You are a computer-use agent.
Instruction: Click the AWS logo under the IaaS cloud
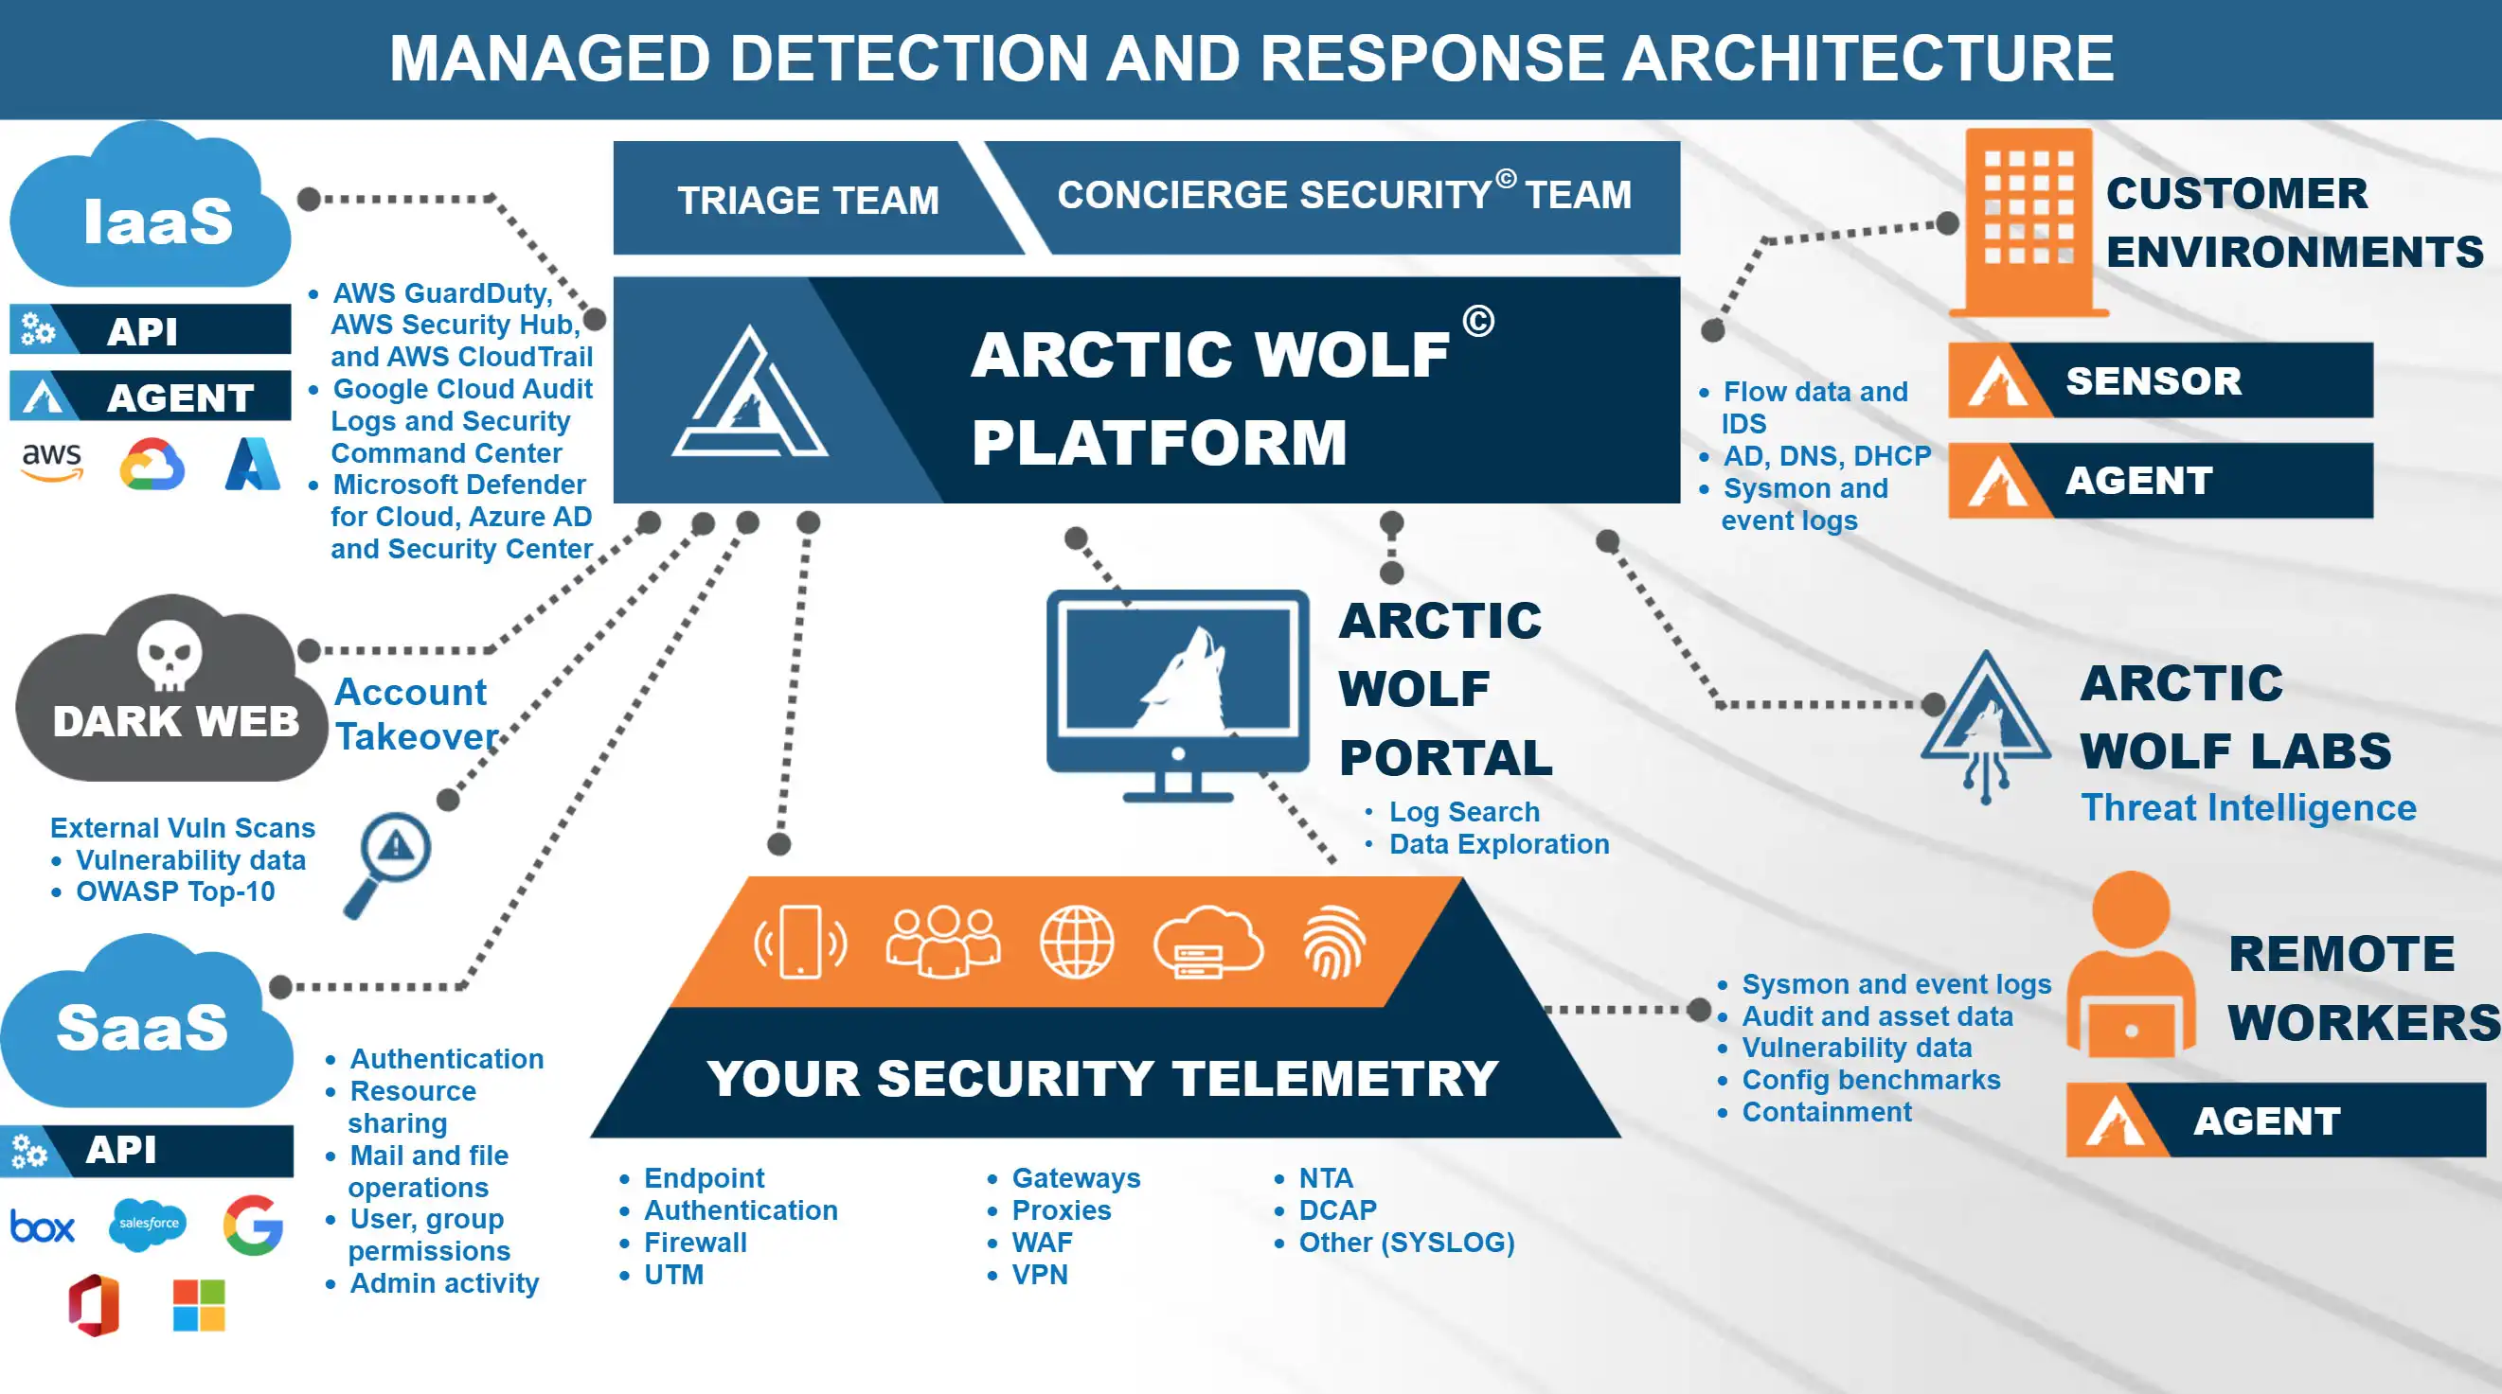click(x=52, y=460)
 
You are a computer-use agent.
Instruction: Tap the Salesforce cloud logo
click(x=149, y=1223)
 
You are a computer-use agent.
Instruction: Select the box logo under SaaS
click(x=42, y=1227)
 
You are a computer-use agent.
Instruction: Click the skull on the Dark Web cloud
click(x=169, y=653)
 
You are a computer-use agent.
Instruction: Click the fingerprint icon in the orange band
click(x=1334, y=942)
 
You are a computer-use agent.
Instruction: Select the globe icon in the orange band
click(x=1076, y=942)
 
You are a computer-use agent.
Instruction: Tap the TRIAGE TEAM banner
click(x=808, y=200)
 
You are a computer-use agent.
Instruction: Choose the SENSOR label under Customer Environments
click(x=2154, y=380)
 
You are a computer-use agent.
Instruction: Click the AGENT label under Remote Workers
click(x=2266, y=1121)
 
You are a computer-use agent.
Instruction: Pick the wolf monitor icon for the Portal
click(x=1177, y=694)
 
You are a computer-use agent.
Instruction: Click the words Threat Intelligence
click(x=2247, y=807)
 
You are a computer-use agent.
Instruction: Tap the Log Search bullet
click(x=1464, y=812)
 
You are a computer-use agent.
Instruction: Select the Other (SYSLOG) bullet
click(x=1406, y=1243)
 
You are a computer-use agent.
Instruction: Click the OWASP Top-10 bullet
click(x=175, y=891)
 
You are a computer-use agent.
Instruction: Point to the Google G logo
click(x=254, y=1226)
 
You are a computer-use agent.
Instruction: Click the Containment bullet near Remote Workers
click(x=1826, y=1112)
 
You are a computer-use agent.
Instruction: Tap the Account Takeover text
click(x=416, y=715)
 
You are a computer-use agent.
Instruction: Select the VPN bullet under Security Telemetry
click(x=1039, y=1275)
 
